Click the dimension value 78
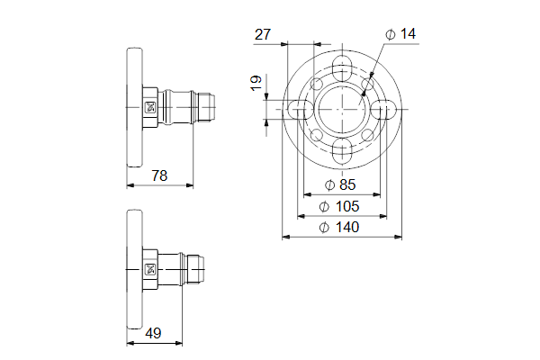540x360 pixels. tap(159, 175)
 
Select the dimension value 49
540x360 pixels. tap(153, 333)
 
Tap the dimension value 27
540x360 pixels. tap(263, 34)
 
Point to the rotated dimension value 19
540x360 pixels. tap(256, 83)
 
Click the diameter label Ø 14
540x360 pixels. tap(400, 34)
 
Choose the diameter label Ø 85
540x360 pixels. tap(340, 185)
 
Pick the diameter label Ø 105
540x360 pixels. tap(339, 206)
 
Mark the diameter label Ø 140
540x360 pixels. tap(339, 228)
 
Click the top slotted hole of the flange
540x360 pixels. tap(342, 67)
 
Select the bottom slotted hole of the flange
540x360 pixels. tap(342, 151)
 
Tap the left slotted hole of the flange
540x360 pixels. tap(301, 109)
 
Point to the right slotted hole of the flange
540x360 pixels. tap(383, 109)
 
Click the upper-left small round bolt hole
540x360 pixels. tap(317, 84)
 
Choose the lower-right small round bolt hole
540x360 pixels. tap(368, 135)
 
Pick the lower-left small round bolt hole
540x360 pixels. tap(317, 135)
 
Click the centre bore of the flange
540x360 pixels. tap(342, 109)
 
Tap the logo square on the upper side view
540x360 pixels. tap(150, 107)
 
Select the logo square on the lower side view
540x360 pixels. tap(150, 269)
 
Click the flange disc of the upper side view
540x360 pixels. tap(135, 107)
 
